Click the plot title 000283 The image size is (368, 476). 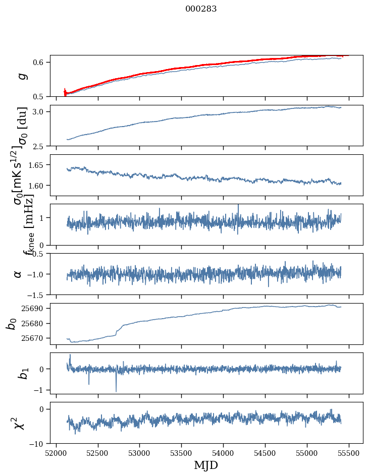coord(201,9)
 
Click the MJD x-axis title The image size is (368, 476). coord(206,465)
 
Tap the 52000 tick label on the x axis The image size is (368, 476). coord(56,453)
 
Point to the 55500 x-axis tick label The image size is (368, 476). coord(349,453)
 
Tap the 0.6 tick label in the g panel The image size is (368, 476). coord(39,62)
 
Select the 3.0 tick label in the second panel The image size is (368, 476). coord(39,111)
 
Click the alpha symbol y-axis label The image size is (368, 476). coord(18,273)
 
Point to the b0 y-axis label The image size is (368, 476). coord(12,323)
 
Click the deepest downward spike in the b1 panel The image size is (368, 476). coord(116,391)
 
